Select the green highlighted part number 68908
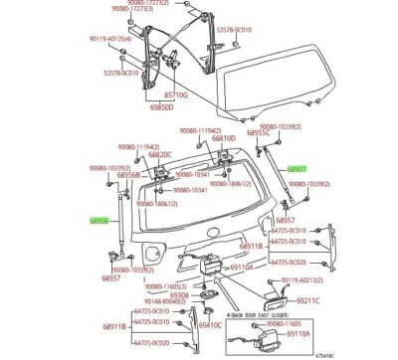[x=100, y=219]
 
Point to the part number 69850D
[x=162, y=107]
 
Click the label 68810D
[x=224, y=139]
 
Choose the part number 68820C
[x=159, y=154]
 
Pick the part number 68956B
[x=115, y=174]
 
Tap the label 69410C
[x=210, y=324]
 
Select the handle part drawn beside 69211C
[x=273, y=296]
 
